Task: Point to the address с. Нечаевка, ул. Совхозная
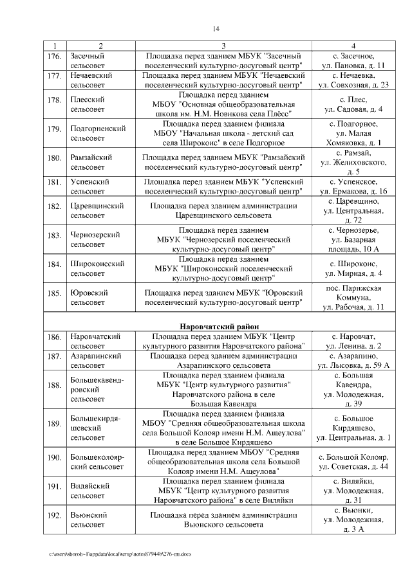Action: pyautogui.click(x=353, y=80)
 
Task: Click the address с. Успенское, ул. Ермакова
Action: pyautogui.click(x=353, y=186)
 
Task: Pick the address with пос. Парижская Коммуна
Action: pyautogui.click(x=353, y=297)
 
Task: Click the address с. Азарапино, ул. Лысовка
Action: pyautogui.click(x=353, y=360)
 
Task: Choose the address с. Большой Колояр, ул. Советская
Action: pyautogui.click(x=353, y=462)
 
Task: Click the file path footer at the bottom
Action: pyautogui.click(x=122, y=553)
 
